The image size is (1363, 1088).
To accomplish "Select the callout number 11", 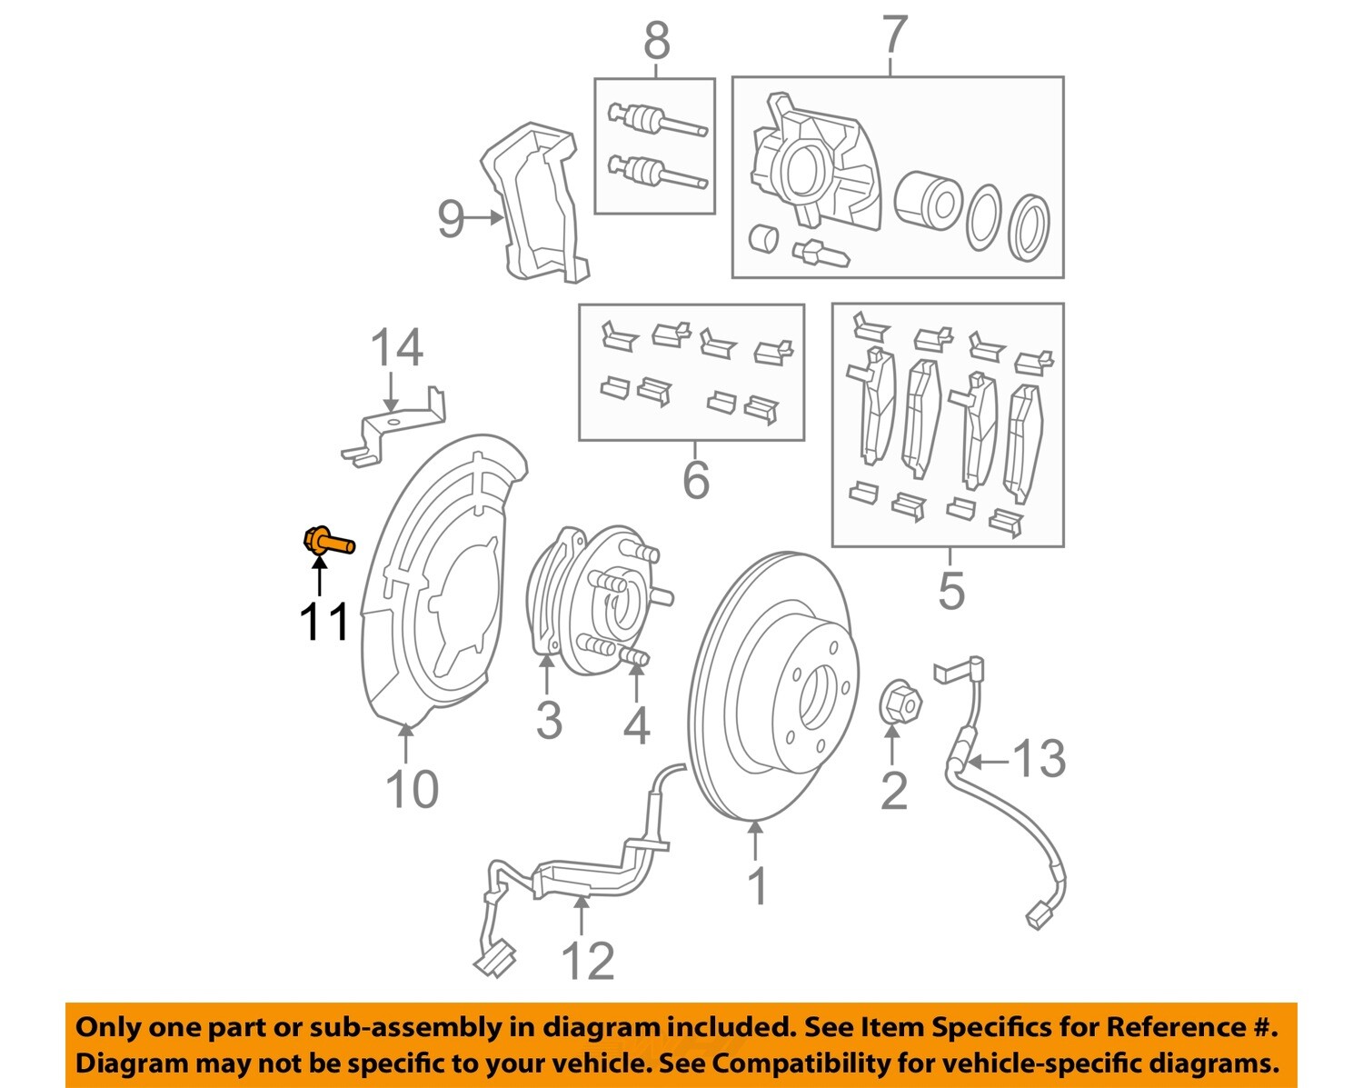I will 324,623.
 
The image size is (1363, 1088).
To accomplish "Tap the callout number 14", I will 396,348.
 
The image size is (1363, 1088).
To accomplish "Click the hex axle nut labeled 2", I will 900,703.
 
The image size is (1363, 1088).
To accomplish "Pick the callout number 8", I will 656,42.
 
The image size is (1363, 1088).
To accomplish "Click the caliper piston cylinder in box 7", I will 927,199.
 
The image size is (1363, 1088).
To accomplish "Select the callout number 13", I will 1039,759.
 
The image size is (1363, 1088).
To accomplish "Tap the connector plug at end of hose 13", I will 1039,913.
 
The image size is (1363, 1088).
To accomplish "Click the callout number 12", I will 587,961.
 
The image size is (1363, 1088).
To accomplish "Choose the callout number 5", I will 950,591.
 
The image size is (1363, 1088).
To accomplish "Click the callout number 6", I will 695,479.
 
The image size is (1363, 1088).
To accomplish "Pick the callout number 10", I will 412,788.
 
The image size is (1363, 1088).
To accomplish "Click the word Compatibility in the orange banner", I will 806,1063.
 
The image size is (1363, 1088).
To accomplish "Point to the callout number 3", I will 548,720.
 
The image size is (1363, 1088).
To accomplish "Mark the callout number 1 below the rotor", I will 756,885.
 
